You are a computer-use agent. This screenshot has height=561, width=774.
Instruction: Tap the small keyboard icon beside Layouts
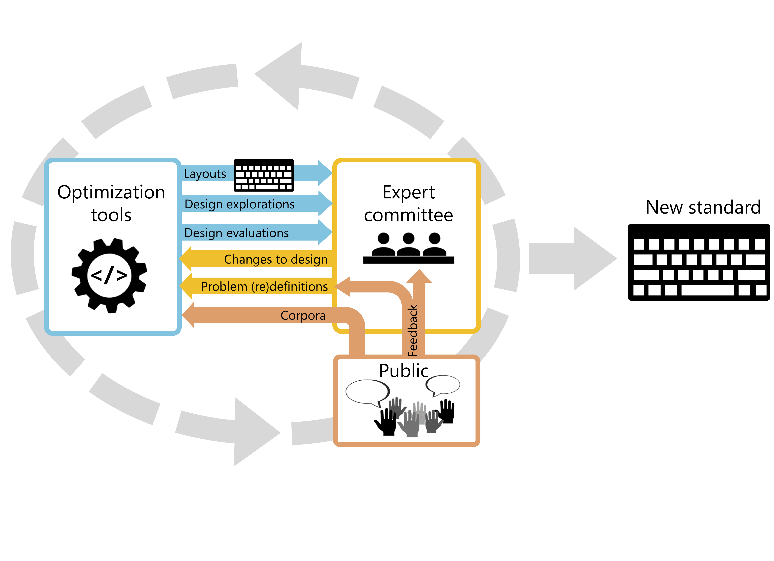263,175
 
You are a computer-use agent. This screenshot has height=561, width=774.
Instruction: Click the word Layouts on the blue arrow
205,174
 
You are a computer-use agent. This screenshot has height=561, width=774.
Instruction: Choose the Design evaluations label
236,233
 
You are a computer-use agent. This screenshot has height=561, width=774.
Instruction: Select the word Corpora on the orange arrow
303,315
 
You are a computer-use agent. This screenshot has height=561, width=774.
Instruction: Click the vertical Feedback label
413,330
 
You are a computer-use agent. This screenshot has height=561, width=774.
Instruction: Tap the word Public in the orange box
404,371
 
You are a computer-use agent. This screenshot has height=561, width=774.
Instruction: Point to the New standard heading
703,207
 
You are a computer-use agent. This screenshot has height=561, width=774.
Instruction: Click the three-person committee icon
409,248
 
